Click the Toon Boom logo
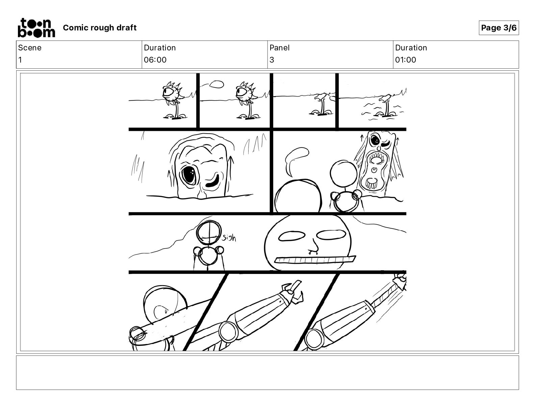(x=36, y=28)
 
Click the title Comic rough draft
(x=100, y=28)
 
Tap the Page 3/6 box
(x=499, y=28)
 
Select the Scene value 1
(x=20, y=60)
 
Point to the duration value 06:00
(x=155, y=60)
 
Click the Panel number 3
(x=272, y=60)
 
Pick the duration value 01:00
(x=406, y=60)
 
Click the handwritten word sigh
(x=229, y=238)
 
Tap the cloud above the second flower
(x=216, y=84)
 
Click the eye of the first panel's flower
(x=167, y=93)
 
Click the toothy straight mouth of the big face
(x=315, y=260)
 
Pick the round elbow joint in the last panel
(x=314, y=339)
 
